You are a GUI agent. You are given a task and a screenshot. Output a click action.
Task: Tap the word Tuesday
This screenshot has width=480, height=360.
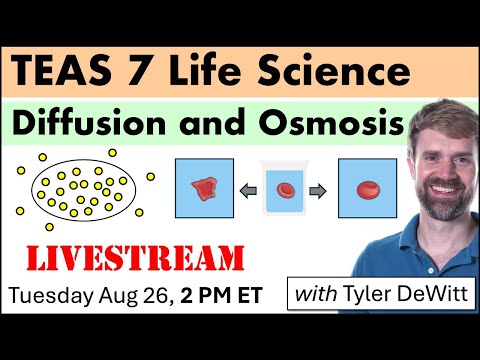point(48,297)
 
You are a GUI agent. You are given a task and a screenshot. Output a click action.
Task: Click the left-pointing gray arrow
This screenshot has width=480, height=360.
point(243,189)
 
